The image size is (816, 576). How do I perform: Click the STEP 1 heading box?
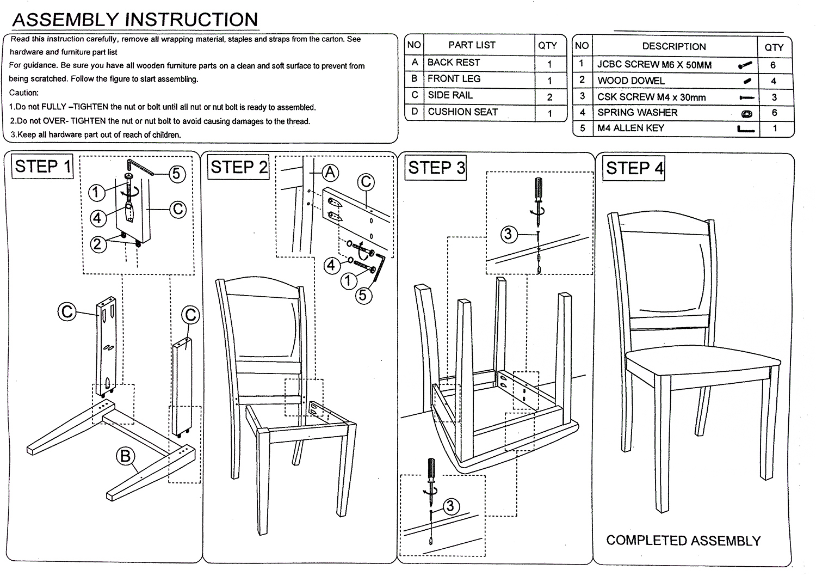[43, 166]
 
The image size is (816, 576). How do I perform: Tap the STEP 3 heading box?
[436, 168]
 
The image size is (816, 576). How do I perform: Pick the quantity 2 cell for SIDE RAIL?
[549, 97]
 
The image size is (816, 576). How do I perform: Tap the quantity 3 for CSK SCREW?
[774, 97]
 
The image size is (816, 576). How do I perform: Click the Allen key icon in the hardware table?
[746, 130]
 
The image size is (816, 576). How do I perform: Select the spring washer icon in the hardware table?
[746, 113]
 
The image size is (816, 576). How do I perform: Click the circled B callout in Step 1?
[126, 456]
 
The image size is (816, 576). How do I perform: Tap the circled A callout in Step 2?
[330, 173]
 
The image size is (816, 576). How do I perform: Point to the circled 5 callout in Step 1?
[176, 174]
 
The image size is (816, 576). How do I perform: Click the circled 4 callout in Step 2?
[332, 266]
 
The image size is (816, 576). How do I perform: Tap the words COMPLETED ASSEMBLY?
[683, 541]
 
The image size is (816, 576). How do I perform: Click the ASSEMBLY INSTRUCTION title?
[135, 20]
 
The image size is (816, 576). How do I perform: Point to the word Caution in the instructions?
[23, 93]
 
